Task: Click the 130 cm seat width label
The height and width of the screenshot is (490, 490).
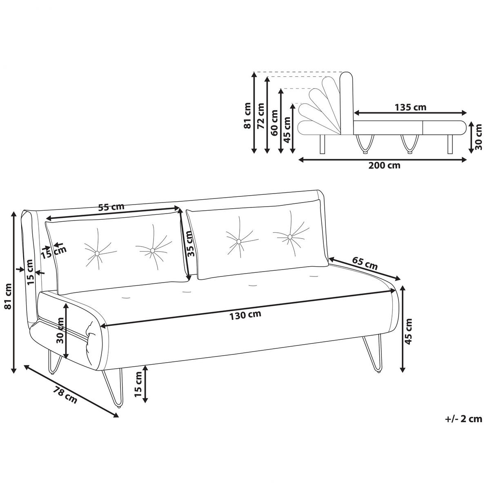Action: (245, 315)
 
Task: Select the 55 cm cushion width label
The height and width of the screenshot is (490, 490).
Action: (111, 207)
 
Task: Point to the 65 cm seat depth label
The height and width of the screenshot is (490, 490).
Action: (365, 264)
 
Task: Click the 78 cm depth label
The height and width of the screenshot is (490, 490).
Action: (65, 394)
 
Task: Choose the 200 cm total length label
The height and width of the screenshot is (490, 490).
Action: (384, 165)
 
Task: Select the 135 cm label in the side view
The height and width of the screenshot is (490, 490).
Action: (410, 107)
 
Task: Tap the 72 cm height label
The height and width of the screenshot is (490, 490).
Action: (261, 115)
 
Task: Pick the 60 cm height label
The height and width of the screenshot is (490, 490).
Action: (274, 123)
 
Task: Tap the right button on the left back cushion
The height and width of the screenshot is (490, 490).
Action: (152, 250)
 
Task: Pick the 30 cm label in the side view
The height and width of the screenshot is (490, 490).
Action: (478, 137)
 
